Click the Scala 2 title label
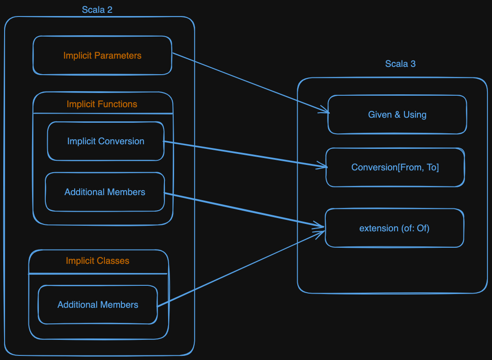pyautogui.click(x=97, y=10)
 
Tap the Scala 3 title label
pyautogui.click(x=400, y=64)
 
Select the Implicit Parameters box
pyautogui.click(x=102, y=55)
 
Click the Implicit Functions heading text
pyautogui.click(x=102, y=104)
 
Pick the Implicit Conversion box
pyautogui.click(x=105, y=141)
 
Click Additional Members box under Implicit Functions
pyautogui.click(x=104, y=192)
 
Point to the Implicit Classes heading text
pyautogui.click(x=98, y=261)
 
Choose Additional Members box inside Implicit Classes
pyautogui.click(x=98, y=305)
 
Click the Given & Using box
pyautogui.click(x=397, y=115)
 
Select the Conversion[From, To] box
pyautogui.click(x=395, y=167)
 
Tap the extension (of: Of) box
pyautogui.click(x=394, y=228)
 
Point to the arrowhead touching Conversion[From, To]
pyautogui.click(x=323, y=166)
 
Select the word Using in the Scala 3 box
pyautogui.click(x=415, y=115)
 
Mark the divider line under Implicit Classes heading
pyautogui.click(x=98, y=273)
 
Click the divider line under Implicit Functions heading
pyautogui.click(x=103, y=113)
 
